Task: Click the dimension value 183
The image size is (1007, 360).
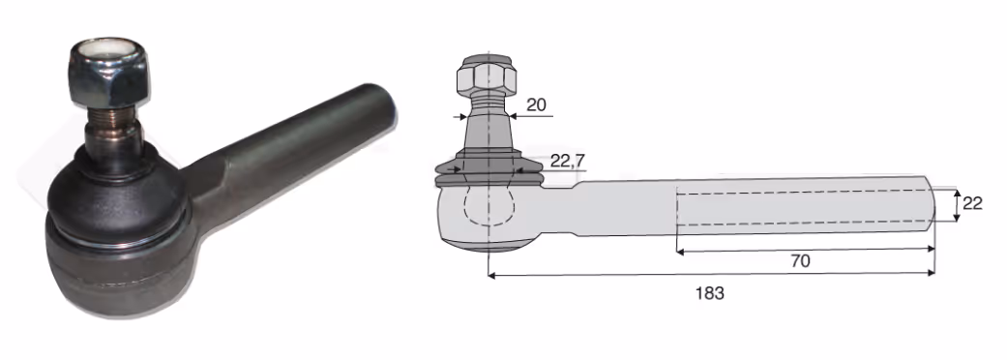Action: [710, 293]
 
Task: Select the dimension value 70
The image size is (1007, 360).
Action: [800, 261]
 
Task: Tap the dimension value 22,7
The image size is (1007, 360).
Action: [568, 162]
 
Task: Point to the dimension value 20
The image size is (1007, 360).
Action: [536, 105]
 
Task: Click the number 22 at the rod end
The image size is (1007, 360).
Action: [973, 204]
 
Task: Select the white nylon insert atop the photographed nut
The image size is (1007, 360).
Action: [107, 50]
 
